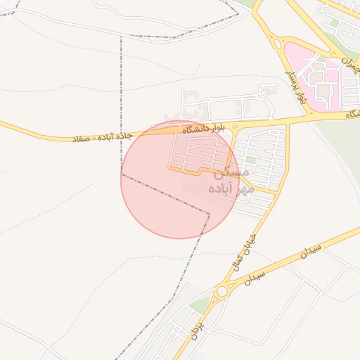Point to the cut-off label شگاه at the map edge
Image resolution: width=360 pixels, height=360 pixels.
click(352, 113)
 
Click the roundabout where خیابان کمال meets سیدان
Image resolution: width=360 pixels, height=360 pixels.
click(223, 290)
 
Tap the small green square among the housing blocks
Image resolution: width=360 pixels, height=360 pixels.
click(251, 160)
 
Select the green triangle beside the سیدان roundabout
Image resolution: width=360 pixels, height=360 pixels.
click(202, 304)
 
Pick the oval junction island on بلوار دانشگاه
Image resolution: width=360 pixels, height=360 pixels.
click(234, 127)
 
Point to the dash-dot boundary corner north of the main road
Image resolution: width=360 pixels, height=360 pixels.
click(121, 37)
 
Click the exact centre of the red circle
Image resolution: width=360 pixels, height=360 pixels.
click(180, 180)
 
